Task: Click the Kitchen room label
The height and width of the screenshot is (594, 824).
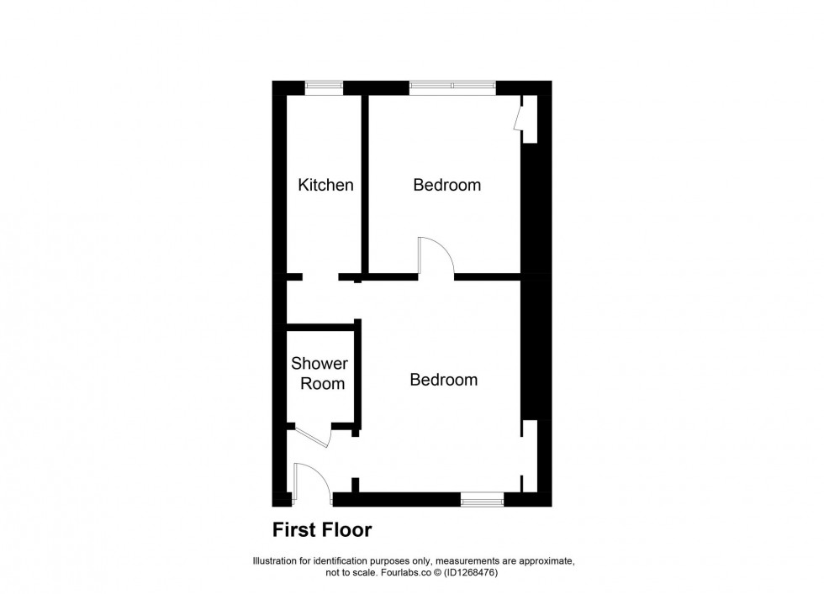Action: click(325, 185)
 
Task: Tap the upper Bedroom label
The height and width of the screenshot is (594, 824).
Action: click(446, 185)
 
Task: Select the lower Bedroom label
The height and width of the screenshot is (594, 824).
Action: click(443, 380)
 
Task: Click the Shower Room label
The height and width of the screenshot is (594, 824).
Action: click(320, 374)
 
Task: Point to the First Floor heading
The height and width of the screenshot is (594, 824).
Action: click(321, 530)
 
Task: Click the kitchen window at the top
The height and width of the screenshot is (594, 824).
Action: click(324, 87)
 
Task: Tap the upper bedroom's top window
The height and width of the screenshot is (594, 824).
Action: click(452, 87)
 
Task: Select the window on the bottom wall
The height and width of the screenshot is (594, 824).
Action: click(482, 499)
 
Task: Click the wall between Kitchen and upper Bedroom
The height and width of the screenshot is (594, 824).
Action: click(366, 185)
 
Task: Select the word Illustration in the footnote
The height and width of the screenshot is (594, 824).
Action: click(278, 561)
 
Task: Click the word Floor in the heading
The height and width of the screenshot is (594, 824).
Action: click(348, 530)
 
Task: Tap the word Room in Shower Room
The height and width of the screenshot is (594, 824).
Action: click(323, 384)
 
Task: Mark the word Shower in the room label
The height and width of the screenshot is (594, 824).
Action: click(320, 364)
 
